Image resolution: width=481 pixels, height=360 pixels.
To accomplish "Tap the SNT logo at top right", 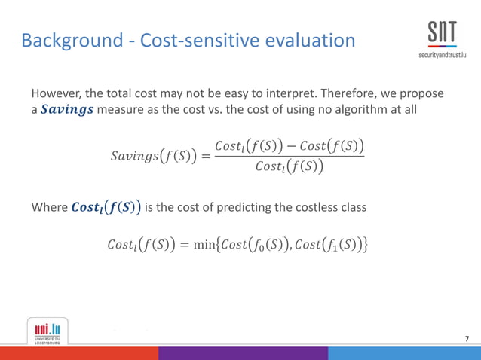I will pyautogui.click(x=441, y=34).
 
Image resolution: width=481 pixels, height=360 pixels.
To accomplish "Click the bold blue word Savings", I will pyautogui.click(x=68, y=111).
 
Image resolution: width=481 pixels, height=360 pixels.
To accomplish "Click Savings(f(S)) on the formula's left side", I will pyautogui.click(x=153, y=157).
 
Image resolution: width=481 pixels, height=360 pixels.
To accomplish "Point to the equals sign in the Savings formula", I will pyautogui.click(x=205, y=157).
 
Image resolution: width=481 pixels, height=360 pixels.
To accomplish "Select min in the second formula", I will pyautogui.click(x=215, y=245).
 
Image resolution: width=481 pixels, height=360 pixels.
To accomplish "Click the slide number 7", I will pyautogui.click(x=467, y=338).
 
